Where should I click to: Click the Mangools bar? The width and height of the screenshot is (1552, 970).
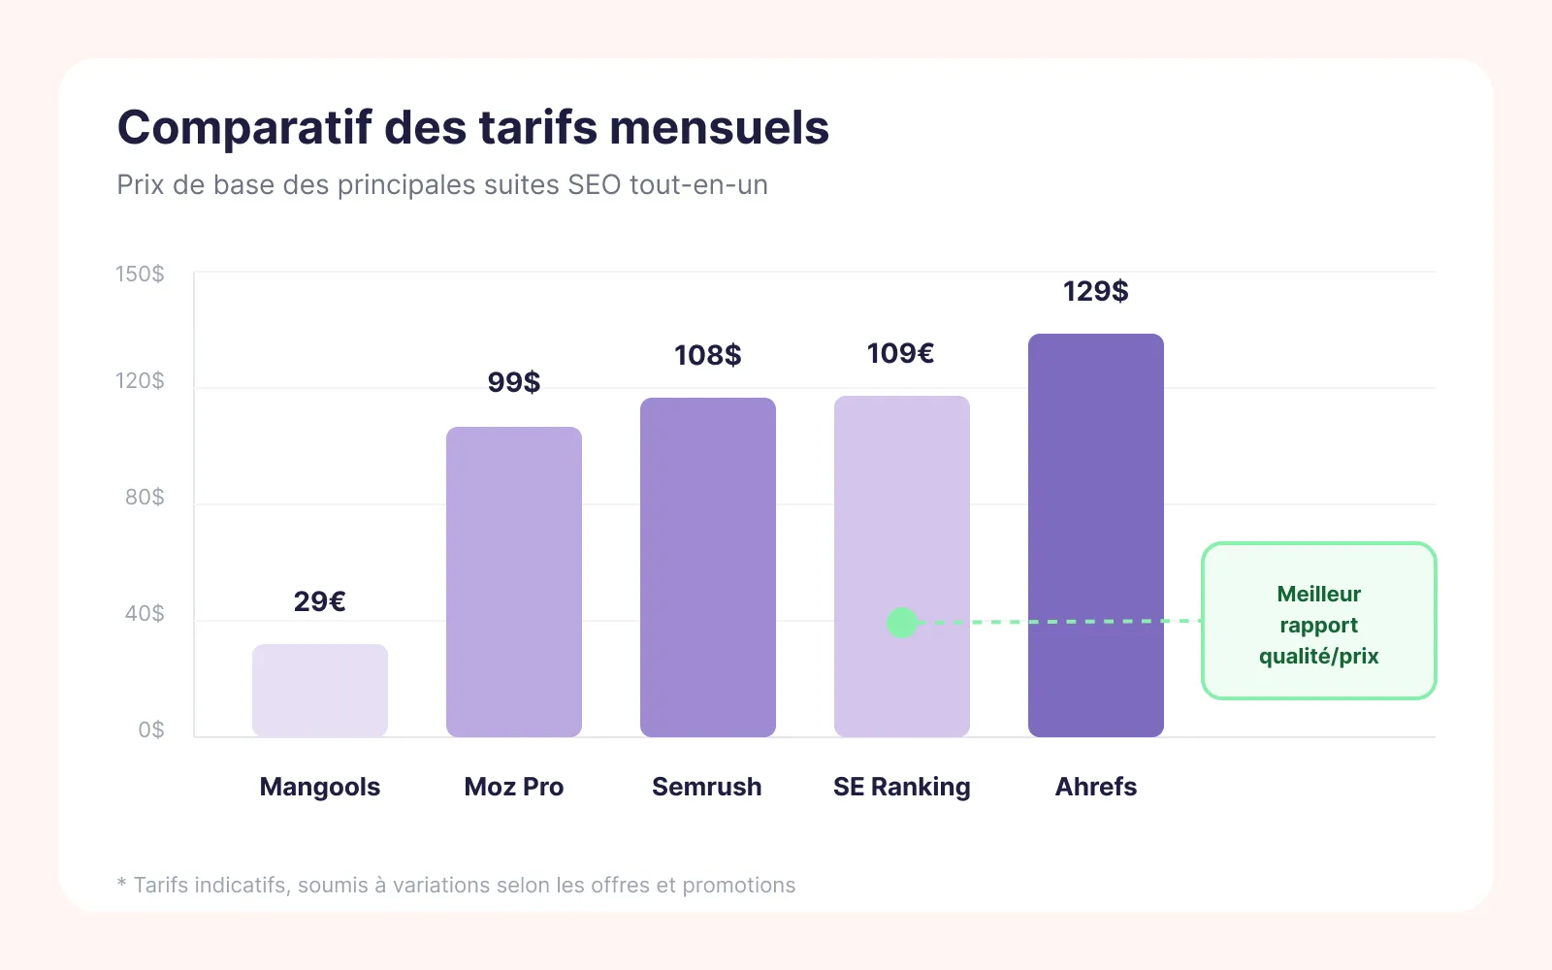320,690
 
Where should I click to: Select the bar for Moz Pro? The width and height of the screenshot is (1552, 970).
514,582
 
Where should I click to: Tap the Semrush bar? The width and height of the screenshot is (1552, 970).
708,567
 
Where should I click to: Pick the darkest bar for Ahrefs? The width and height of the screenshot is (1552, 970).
1096,535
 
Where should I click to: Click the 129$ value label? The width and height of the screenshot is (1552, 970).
1095,291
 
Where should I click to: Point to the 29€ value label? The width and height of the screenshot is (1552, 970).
320,601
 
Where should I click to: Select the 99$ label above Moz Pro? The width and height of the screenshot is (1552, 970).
514,382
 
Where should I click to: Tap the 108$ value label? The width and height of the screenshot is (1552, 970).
708,355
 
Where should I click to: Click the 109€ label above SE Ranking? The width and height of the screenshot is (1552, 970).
900,353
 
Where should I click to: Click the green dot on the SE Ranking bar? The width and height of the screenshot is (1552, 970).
902,623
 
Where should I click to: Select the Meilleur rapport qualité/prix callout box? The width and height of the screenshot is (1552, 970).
1318,621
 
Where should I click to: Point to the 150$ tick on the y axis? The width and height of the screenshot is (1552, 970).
141,274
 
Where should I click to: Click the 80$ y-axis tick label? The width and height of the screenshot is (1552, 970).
145,497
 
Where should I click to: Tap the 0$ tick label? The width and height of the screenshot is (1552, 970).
151,729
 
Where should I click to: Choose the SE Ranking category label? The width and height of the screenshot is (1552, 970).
902,787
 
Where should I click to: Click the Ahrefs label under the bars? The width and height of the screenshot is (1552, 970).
1096,787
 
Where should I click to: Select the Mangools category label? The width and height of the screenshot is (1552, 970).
320,787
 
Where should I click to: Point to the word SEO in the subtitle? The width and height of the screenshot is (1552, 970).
594,184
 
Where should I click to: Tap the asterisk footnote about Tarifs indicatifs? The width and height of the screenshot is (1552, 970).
456,885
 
